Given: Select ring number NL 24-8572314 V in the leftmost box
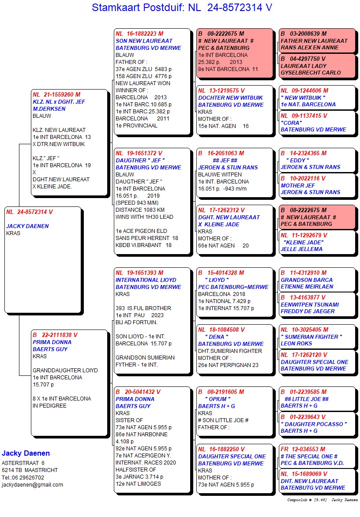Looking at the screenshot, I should pos(30,212).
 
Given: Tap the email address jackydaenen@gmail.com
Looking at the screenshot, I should pos(32,484).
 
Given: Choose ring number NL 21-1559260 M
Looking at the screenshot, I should pos(56,95).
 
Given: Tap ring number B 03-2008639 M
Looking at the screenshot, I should pos(304,34).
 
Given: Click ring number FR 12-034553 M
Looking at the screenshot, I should pos(303,449).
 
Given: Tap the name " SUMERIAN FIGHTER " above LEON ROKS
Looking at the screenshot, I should pos(311,337).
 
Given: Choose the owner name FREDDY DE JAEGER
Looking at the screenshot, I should pos(307,311).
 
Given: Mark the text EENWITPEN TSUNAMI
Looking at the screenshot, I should pos(310,304).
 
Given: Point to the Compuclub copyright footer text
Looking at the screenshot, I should pos(322,500).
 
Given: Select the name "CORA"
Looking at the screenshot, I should pos(291,123).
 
